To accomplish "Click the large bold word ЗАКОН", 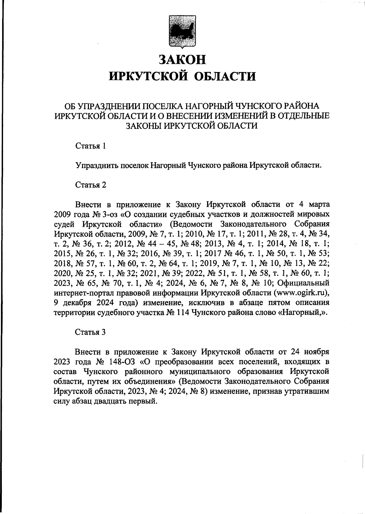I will pyautogui.click(x=182, y=59).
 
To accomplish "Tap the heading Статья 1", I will pyautogui.click(x=91, y=146).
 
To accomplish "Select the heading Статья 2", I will pyautogui.click(x=91, y=185).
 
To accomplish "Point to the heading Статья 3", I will pyautogui.click(x=91, y=332).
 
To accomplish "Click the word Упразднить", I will pyautogui.click(x=96, y=165).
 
